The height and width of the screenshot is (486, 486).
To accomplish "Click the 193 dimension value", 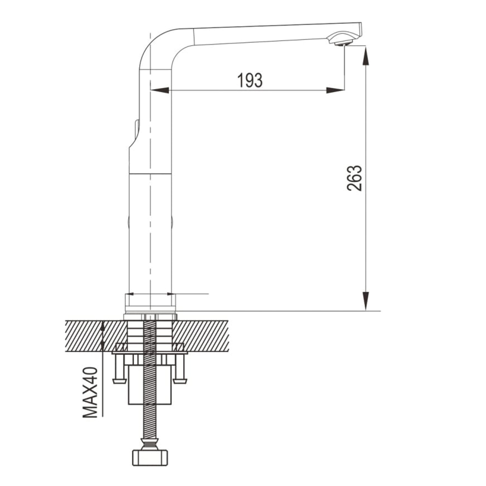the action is coord(250,80).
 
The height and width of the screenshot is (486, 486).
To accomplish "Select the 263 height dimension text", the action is coord(354,178).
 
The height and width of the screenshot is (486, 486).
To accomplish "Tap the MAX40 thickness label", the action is coord(90,392).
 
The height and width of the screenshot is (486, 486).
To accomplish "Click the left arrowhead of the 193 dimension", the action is coord(159,90).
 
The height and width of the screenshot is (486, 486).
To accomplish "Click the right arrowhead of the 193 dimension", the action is coord(335,90).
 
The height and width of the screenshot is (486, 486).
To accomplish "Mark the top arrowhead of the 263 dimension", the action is coord(366,56).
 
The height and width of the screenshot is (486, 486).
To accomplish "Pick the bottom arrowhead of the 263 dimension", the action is coord(366,301).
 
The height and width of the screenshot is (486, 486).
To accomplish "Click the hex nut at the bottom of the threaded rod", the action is coord(150,457).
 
